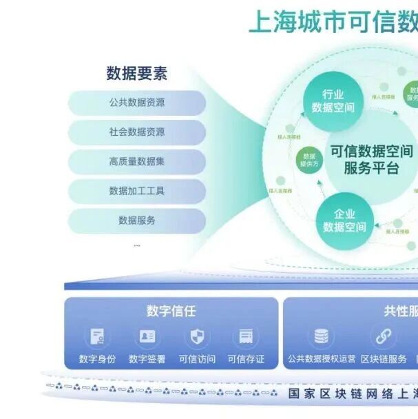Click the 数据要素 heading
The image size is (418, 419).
pos(136,72)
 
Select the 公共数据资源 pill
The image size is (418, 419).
pos(136,103)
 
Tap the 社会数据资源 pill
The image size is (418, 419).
pos(136,132)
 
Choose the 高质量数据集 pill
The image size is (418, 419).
pos(136,162)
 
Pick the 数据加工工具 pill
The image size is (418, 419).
pos(136,191)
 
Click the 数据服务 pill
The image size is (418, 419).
pos(136,221)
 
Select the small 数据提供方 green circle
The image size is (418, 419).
pos(309,161)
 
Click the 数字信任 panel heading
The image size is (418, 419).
pos(171,311)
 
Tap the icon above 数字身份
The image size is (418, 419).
pos(97,337)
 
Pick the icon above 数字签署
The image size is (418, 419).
pos(147,337)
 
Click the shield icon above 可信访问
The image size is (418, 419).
pos(196,337)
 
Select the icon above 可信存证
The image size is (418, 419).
pos(245,337)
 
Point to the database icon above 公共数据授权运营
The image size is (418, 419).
pos(321,337)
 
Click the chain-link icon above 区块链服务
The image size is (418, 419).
pos(384,337)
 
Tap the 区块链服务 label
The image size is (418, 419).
pos(384,359)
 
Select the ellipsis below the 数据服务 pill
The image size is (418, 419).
pos(136,245)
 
